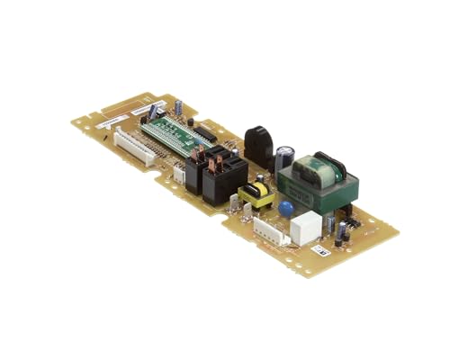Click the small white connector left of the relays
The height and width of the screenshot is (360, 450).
click(x=179, y=175)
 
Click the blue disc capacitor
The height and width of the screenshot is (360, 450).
click(x=285, y=209)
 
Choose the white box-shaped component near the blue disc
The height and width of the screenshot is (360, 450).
click(x=306, y=228)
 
